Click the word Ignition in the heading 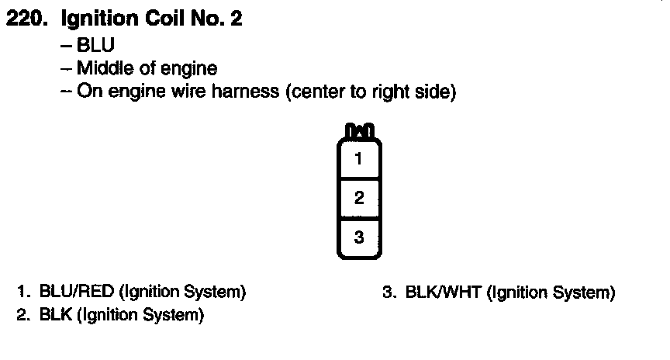click(x=94, y=19)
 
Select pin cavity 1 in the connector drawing click(x=358, y=161)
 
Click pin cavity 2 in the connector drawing click(x=358, y=198)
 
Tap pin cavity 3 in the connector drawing click(x=358, y=237)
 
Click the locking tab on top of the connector click(x=358, y=129)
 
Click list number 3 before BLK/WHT click(x=389, y=292)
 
